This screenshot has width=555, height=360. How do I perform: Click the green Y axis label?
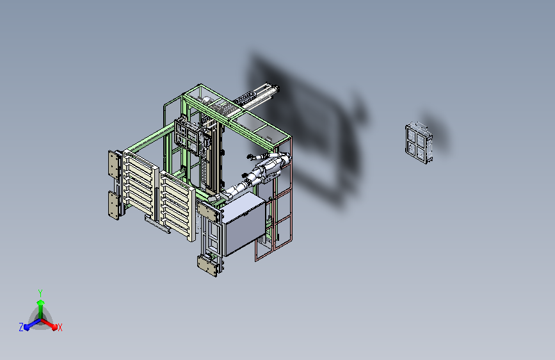[40, 293]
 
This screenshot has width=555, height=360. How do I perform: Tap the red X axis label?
[60, 327]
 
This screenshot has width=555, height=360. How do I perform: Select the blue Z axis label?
[21, 327]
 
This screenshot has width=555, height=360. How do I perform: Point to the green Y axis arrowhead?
[40, 302]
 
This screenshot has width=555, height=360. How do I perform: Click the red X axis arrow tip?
[54, 327]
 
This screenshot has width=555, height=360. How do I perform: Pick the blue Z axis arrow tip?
[27, 327]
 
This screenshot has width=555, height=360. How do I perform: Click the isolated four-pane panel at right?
[419, 143]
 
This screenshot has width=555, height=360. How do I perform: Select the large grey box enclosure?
[243, 223]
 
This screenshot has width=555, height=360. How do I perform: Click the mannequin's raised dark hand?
[249, 156]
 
